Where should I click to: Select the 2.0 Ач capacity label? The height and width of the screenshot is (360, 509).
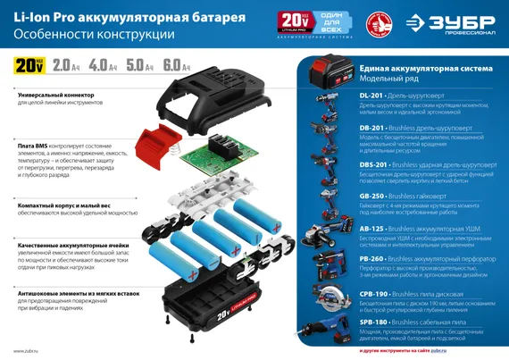(65, 65)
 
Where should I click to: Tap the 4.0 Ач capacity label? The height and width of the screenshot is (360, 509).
(102, 65)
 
